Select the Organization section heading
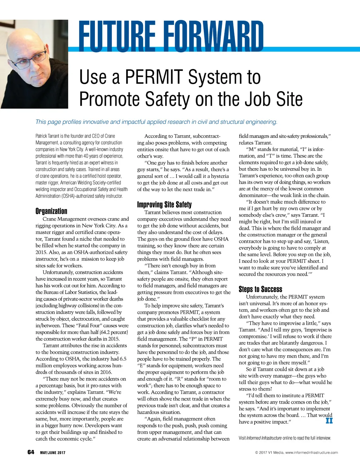point(51,211)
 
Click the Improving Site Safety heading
point(164,205)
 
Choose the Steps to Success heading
point(260,289)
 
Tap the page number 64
point(31,452)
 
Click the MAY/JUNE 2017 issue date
point(52,453)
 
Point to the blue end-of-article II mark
point(329,420)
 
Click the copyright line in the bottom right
point(296,453)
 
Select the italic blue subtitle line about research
point(156,122)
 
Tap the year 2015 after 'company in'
point(41,252)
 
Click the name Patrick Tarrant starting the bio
point(47,136)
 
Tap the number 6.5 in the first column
point(123,359)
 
